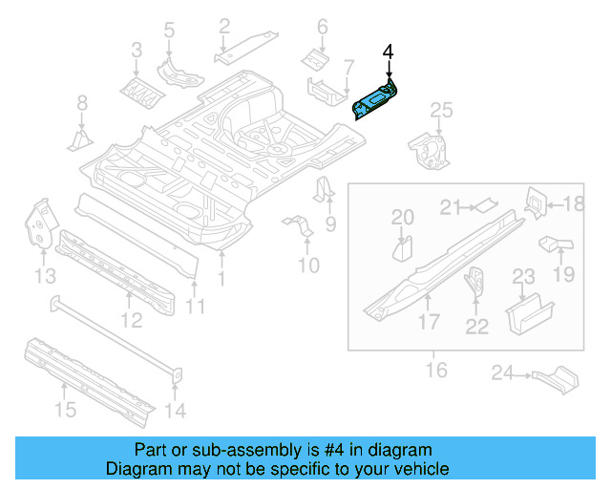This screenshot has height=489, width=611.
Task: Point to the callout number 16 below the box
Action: tap(435, 369)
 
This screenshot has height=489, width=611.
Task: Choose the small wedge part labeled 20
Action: tap(403, 248)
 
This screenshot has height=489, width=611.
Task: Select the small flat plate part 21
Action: tap(486, 202)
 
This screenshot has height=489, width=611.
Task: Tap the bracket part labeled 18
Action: tap(536, 202)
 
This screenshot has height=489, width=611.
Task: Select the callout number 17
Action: tap(428, 322)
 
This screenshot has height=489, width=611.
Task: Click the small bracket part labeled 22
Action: tap(474, 283)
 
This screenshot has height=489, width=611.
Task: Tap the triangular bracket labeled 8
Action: tap(78, 141)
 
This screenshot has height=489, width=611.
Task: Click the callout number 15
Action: tap(63, 412)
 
